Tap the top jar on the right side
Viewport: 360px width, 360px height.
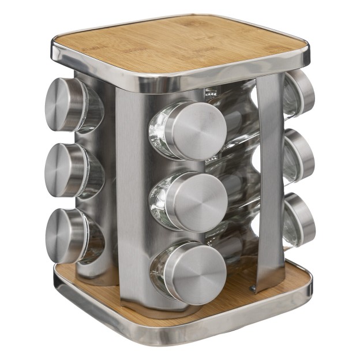point(299,92)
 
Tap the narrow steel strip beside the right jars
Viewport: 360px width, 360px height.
point(270,173)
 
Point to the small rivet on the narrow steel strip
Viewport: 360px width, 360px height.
point(252,287)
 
